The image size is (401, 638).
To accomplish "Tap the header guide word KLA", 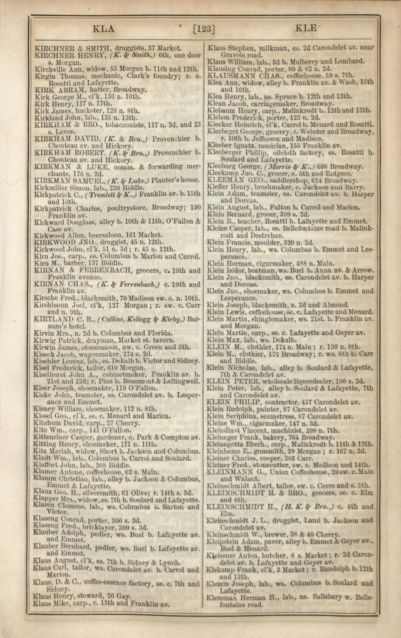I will pos(103,28).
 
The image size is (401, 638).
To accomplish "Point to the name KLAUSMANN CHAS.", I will pos(244,75).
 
